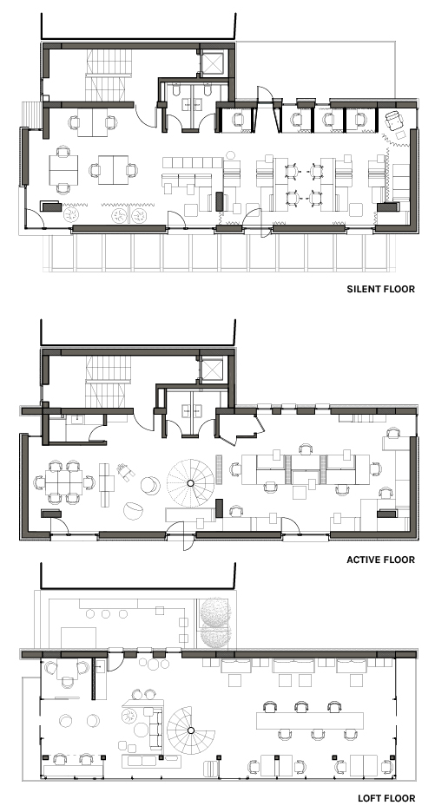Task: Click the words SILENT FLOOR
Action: pyautogui.click(x=380, y=289)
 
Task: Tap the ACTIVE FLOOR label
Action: pyautogui.click(x=380, y=560)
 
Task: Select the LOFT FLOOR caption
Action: pyautogui.click(x=386, y=798)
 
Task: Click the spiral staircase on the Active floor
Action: pyautogui.click(x=190, y=482)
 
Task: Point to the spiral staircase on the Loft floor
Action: pyautogui.click(x=190, y=730)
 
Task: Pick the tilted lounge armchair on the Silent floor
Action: pyautogui.click(x=394, y=121)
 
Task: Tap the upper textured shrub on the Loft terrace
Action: pyautogui.click(x=215, y=613)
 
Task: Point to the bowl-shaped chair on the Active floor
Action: pyautogui.click(x=134, y=511)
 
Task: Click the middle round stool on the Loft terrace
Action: pyautogui.click(x=106, y=613)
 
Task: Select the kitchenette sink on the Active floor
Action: pyautogui.click(x=78, y=420)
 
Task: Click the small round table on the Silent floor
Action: pyautogui.click(x=230, y=154)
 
